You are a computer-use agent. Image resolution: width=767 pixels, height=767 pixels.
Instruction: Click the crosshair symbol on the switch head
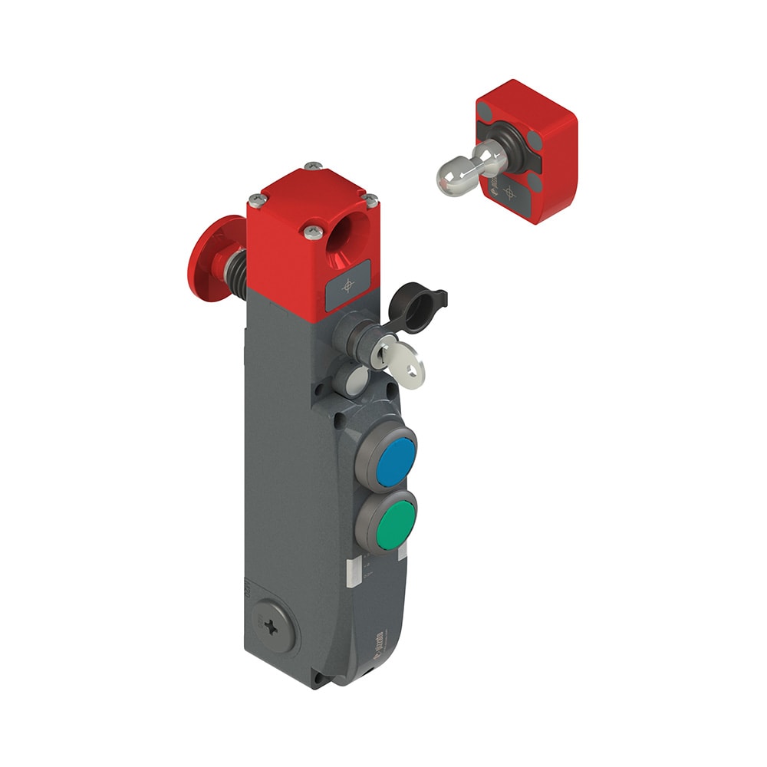[x=349, y=285]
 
